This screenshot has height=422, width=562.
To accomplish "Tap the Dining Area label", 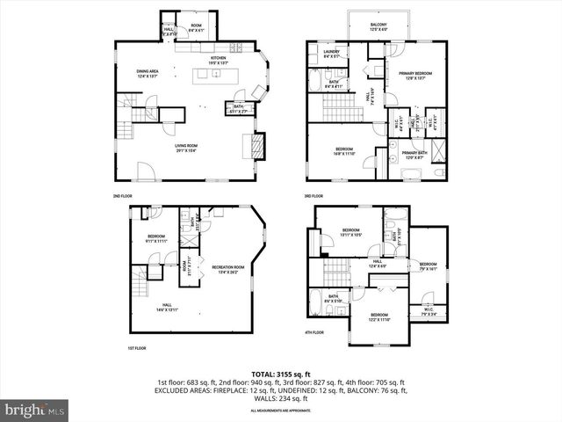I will [147, 74].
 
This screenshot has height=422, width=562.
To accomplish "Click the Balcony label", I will [378, 26].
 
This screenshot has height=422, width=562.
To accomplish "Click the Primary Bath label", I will [414, 156].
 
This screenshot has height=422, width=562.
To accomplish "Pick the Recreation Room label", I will [227, 269].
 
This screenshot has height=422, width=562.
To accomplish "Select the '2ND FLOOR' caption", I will [122, 195].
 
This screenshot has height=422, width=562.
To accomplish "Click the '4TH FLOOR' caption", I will [314, 332].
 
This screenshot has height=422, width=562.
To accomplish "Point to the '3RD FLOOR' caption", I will [314, 195].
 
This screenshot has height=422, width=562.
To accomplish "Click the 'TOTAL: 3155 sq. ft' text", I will [281, 375].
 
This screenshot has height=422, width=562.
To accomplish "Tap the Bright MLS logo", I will [35, 410].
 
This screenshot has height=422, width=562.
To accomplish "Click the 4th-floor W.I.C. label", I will [429, 310].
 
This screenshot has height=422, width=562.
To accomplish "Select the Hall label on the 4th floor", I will [377, 262].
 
